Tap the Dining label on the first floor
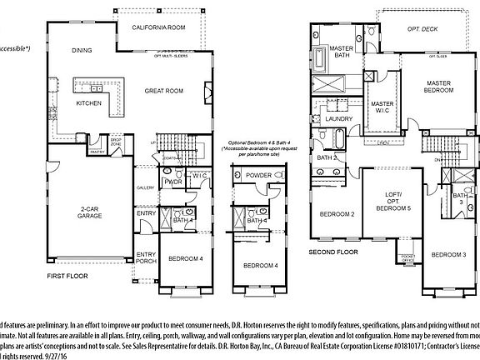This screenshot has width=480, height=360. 81,50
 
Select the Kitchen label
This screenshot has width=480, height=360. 89,104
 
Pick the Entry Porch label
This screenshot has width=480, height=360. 147,258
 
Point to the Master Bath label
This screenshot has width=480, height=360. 341,52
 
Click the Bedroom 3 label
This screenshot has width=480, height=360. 447,253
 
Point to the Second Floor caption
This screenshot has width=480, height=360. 332,251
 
